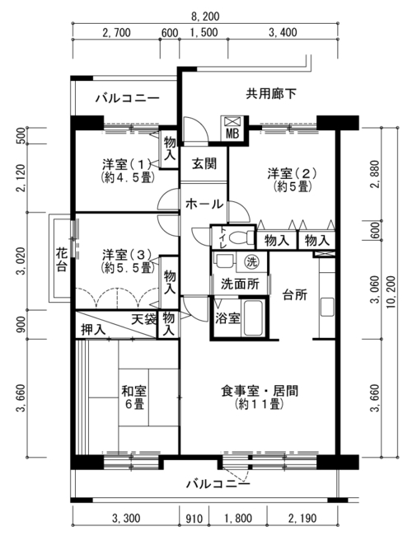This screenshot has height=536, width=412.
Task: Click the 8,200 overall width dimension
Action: [205, 16]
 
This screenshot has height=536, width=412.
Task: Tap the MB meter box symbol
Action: [232, 128]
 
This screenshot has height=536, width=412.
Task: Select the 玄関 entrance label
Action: [204, 164]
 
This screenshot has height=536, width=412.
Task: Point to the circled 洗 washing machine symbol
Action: [252, 262]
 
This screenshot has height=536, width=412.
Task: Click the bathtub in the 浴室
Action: [253, 318]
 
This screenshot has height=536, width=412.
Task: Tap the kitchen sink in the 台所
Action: [327, 307]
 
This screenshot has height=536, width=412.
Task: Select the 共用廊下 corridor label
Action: [271, 93]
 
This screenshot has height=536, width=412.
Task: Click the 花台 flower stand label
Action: [62, 260]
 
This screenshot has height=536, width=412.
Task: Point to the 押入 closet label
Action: [93, 330]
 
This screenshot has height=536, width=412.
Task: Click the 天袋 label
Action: [144, 319]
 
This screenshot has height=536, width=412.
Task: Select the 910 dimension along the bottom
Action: [194, 519]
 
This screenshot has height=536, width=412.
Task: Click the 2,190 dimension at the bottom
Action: [302, 519]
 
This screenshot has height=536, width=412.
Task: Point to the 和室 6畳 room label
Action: [134, 397]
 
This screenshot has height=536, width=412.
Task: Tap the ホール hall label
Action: [204, 204]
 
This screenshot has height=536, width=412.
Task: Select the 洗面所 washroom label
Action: [240, 284]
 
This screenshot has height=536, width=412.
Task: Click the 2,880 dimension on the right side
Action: [376, 174]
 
